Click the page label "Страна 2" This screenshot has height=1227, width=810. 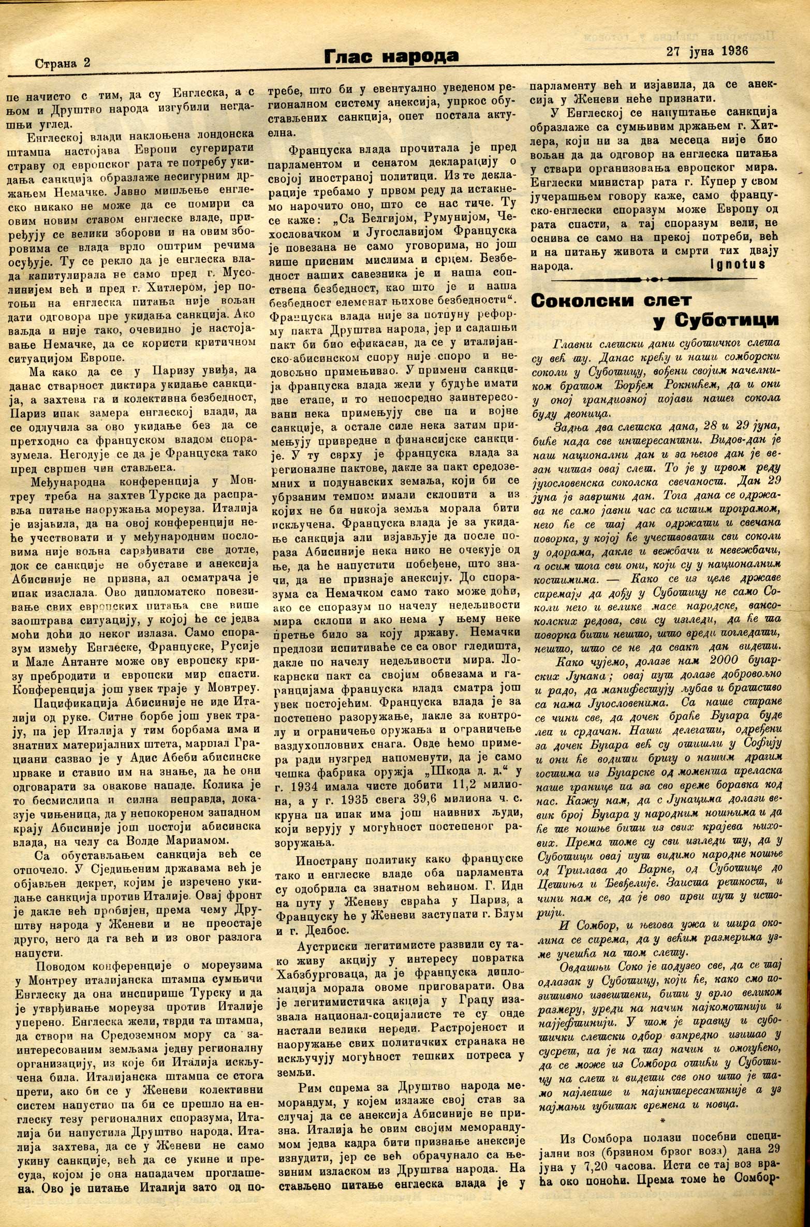pos(62,63)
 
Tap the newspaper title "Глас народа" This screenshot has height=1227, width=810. pos(391,56)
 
